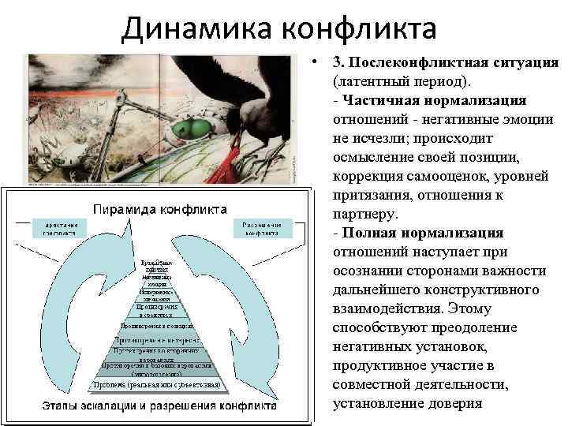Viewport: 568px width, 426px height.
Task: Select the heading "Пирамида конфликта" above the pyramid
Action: (x=161, y=209)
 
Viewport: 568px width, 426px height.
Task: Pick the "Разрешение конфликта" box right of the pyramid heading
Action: (x=263, y=228)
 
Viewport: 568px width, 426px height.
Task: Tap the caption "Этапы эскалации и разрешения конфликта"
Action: (x=159, y=407)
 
